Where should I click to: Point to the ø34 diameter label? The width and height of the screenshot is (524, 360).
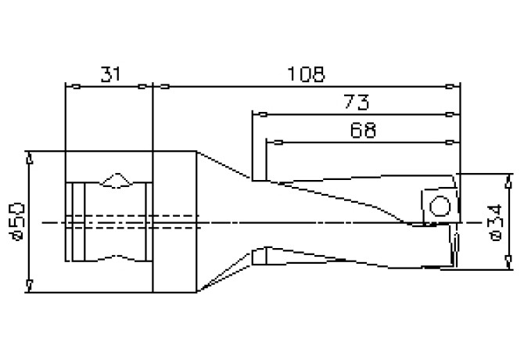point(494,222)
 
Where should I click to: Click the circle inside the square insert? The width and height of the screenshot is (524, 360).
point(440,207)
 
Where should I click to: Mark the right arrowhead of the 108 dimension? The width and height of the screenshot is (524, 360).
point(454,87)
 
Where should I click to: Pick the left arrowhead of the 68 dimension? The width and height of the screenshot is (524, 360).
point(271,142)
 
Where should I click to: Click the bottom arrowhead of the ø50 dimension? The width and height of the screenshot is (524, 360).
point(29,286)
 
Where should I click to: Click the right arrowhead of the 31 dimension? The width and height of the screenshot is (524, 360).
point(146,87)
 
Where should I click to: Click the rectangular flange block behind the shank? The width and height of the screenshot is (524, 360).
point(174,221)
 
